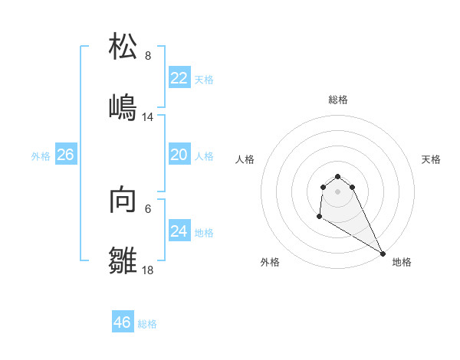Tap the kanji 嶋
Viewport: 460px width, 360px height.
coord(123,107)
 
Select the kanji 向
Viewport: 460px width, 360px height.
coord(123,199)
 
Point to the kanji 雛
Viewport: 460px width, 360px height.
coord(123,260)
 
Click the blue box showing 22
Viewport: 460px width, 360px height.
coord(179,78)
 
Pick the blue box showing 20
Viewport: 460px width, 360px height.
coord(179,155)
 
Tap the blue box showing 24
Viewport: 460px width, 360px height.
coord(179,231)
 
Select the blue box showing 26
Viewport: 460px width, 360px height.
coord(65,155)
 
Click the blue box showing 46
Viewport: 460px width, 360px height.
coord(122,322)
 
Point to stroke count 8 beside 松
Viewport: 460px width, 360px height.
coord(148,56)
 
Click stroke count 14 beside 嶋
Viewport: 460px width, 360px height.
coord(148,117)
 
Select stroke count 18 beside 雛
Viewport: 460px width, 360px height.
coord(148,270)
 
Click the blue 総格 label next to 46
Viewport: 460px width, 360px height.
coord(147,324)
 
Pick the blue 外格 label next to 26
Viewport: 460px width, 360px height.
coord(41,156)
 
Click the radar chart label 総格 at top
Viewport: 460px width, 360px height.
coord(338,100)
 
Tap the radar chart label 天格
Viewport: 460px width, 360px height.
coord(432,159)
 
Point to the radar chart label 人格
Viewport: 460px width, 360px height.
coord(245,159)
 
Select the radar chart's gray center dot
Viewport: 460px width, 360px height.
coord(338,191)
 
